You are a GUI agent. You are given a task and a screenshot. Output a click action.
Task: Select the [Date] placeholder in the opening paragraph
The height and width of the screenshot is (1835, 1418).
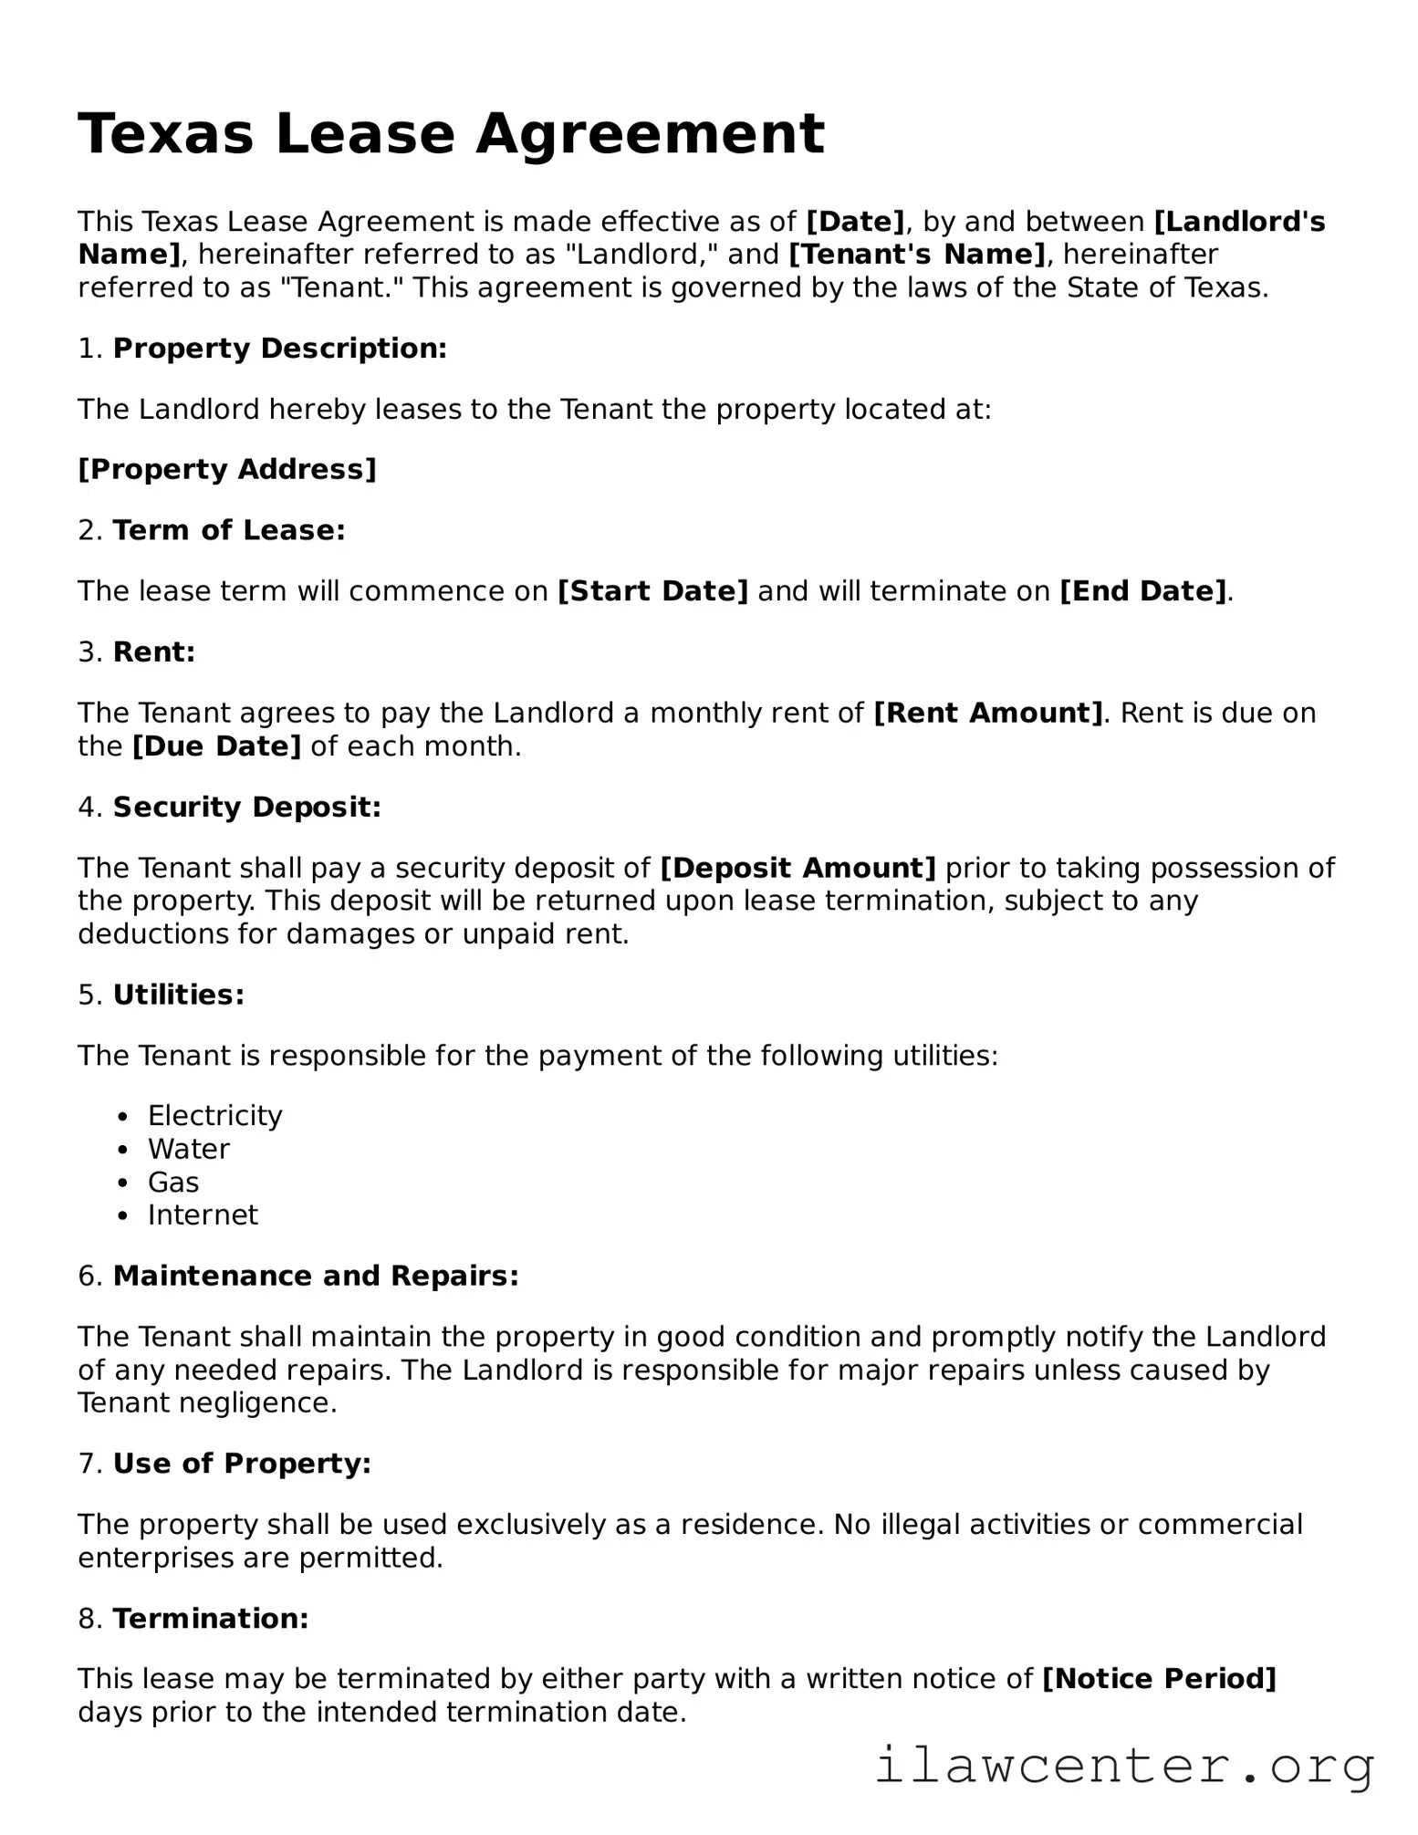click(x=855, y=222)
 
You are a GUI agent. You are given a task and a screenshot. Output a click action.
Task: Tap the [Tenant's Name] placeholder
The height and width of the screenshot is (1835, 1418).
click(x=916, y=255)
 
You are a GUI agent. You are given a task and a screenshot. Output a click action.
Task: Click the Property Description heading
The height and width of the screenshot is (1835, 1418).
click(x=279, y=349)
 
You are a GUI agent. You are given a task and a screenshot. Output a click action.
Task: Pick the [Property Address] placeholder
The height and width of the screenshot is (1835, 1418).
click(x=227, y=470)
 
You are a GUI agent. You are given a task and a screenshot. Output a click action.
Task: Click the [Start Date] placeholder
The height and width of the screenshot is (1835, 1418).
click(x=652, y=591)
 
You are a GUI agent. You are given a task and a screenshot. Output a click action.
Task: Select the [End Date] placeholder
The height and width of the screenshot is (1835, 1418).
click(x=1142, y=591)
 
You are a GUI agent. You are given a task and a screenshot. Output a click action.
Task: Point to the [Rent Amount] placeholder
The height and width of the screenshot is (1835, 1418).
click(x=988, y=713)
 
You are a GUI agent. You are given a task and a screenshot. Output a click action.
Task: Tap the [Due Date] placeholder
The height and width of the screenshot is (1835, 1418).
click(x=216, y=746)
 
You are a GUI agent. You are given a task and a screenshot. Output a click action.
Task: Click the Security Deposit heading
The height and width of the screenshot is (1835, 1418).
click(x=246, y=808)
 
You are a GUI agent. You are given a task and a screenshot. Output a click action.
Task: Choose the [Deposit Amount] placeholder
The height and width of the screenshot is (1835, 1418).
click(x=798, y=868)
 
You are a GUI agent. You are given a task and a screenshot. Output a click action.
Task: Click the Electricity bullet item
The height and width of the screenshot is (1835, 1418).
click(x=215, y=1116)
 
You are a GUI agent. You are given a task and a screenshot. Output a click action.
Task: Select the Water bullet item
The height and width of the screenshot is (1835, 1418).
click(x=189, y=1149)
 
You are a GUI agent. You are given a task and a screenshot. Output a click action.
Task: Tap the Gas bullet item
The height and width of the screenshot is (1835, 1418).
click(x=173, y=1183)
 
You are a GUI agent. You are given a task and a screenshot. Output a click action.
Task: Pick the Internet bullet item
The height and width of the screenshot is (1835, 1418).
click(x=203, y=1215)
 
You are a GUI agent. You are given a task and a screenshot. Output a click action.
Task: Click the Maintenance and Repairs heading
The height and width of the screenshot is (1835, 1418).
click(x=316, y=1276)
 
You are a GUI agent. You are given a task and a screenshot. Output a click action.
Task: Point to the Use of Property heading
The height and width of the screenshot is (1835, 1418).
click(x=242, y=1464)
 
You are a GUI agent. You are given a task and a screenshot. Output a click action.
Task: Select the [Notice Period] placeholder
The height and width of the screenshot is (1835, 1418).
click(x=1159, y=1679)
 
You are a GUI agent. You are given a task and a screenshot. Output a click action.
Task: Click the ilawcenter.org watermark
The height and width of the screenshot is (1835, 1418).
click(x=1124, y=1767)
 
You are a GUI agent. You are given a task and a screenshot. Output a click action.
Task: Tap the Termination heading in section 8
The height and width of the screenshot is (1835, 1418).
click(x=211, y=1619)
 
